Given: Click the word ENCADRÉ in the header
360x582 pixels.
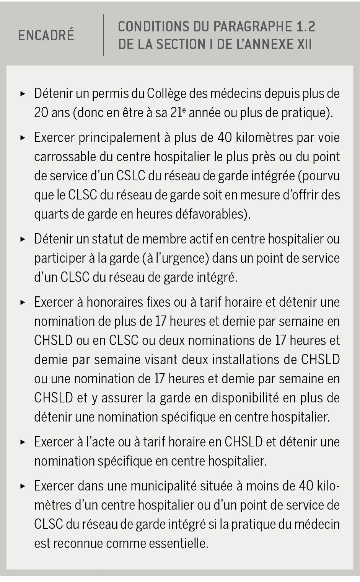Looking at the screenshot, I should point(46,35).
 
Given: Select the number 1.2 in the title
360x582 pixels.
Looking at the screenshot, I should point(306,27).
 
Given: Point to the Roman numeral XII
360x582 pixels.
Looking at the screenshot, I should point(304,44).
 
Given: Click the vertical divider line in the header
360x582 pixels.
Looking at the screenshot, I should point(104,35).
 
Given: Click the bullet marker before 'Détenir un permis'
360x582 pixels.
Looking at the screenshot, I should point(23,93).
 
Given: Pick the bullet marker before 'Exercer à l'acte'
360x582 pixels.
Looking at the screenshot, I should point(23,442).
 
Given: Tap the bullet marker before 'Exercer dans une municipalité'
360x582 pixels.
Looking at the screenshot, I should point(23,486).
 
